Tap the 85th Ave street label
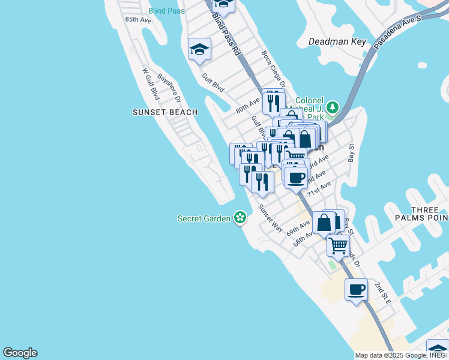coord(138,19)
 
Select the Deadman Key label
coord(337,41)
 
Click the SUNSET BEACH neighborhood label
coord(157,112)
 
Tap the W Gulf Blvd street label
coord(151,84)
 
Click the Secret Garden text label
coord(204,218)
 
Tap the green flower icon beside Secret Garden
coord(240,218)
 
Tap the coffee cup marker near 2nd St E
coord(356,290)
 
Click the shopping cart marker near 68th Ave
coord(339,245)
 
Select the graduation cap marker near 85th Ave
coord(199,50)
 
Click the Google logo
coord(20,353)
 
